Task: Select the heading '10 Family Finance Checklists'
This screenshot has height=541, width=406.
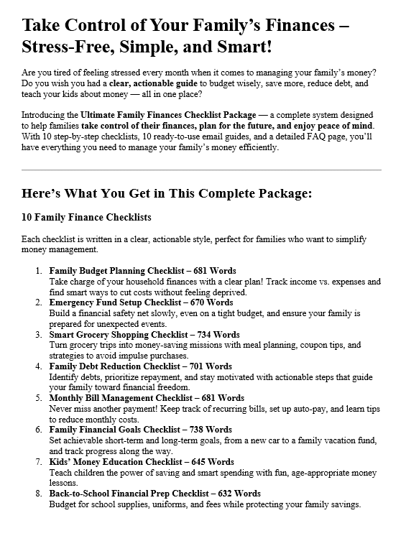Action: (x=87, y=216)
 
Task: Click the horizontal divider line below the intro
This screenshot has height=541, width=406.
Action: (x=203, y=170)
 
